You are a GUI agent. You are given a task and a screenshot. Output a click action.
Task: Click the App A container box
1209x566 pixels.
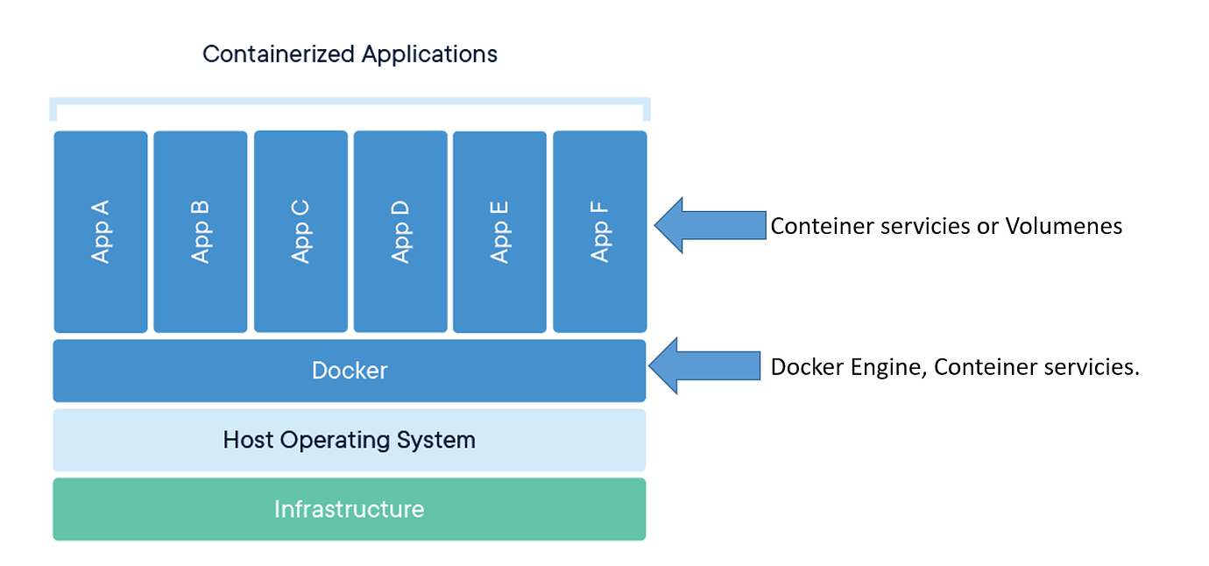click(101, 231)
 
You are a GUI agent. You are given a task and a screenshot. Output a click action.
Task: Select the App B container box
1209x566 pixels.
click(201, 231)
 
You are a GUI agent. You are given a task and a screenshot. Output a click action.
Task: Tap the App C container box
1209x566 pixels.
click(300, 231)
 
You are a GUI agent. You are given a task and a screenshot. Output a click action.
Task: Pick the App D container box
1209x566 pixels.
click(400, 231)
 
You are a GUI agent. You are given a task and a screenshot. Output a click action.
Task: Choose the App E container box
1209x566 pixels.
click(499, 231)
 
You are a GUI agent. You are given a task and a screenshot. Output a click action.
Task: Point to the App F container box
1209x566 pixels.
click(600, 231)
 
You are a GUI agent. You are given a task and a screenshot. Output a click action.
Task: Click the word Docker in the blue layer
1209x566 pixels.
click(350, 371)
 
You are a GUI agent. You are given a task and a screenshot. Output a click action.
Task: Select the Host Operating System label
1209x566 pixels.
click(350, 440)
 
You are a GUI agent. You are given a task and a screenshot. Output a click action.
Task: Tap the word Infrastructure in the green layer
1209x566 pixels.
click(350, 509)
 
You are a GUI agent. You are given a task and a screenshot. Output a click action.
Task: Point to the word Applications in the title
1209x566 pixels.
click(429, 54)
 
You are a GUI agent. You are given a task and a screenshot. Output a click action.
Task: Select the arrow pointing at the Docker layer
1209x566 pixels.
click(704, 366)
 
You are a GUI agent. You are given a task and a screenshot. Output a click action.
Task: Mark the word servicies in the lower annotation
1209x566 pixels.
click(1093, 367)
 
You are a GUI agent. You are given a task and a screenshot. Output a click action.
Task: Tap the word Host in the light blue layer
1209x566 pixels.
click(248, 440)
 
